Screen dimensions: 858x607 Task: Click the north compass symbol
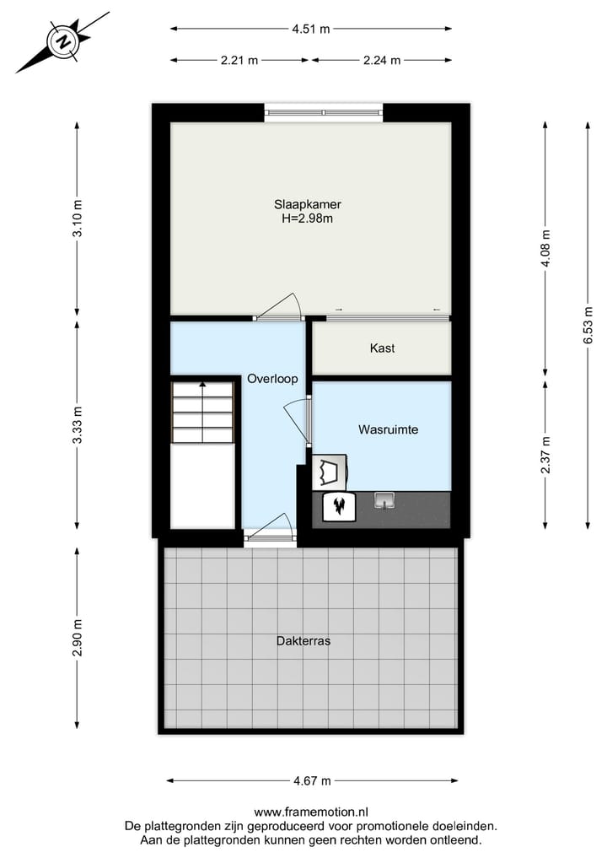tap(62, 41)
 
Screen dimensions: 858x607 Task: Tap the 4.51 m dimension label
tap(310, 29)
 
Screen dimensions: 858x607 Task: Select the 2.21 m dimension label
tap(240, 60)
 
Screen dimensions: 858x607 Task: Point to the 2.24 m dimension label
tap(381, 60)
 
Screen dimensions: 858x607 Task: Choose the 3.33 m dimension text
tap(78, 425)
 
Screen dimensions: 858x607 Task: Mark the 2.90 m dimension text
tap(78, 638)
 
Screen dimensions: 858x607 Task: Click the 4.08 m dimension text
tap(545, 249)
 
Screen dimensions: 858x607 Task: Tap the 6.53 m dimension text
tap(588, 325)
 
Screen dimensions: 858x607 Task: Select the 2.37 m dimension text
tap(545, 456)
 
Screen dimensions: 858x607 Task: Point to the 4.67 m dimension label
tap(312, 780)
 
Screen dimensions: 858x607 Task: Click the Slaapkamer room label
tap(307, 204)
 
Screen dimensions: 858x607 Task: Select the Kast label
tap(382, 348)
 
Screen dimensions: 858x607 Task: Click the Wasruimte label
tap(388, 429)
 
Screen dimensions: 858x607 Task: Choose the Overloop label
tap(271, 379)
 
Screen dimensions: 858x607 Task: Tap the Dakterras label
tap(303, 640)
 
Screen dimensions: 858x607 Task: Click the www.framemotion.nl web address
tap(310, 812)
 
